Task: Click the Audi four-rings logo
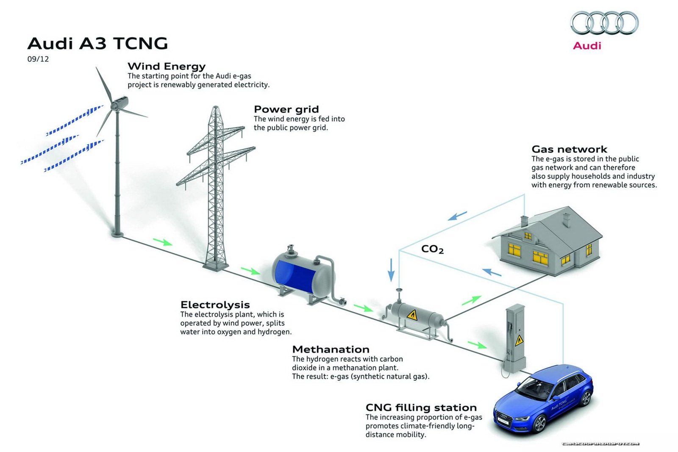click(604, 23)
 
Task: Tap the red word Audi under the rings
click(587, 46)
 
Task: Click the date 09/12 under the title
click(38, 59)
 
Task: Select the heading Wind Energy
click(167, 66)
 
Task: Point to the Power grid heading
click(286, 109)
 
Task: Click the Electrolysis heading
click(215, 305)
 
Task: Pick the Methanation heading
click(331, 349)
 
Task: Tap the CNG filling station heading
click(421, 408)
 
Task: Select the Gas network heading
click(569, 149)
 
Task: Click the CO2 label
click(432, 249)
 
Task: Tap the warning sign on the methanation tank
click(412, 315)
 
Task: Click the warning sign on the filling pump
click(519, 340)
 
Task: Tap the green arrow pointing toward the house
click(471, 300)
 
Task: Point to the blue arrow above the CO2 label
click(458, 216)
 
